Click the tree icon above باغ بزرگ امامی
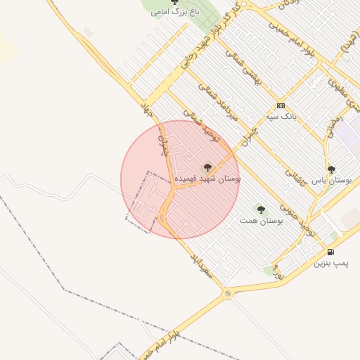click(174, 2)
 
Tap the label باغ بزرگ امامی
click(175, 13)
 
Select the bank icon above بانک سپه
click(281, 105)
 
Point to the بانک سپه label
click(280, 115)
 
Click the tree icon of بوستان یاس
click(331, 169)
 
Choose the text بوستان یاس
click(331, 180)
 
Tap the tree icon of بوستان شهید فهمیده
click(207, 168)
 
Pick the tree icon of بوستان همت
click(261, 210)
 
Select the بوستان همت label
click(261, 221)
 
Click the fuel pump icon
click(330, 252)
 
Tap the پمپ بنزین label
click(330, 263)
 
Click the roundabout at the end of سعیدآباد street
click(227, 292)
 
